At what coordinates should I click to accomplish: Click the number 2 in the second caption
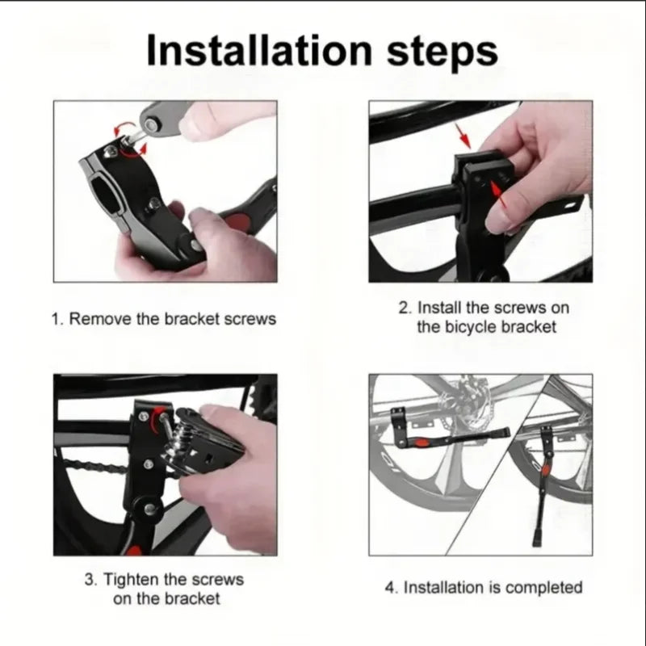[403, 308]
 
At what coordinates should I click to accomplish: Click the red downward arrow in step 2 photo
[461, 136]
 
